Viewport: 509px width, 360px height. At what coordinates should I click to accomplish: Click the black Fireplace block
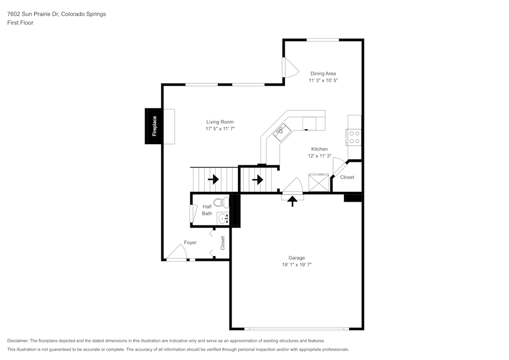coord(154,126)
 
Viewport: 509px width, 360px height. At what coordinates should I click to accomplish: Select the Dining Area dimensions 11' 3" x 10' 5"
coord(323,80)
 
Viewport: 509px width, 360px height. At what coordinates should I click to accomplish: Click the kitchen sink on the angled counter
coord(280,133)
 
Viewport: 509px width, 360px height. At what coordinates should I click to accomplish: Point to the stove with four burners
coord(354,137)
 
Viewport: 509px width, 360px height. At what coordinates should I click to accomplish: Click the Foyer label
coord(190,242)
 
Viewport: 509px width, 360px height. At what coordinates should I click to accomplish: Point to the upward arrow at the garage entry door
coord(293,200)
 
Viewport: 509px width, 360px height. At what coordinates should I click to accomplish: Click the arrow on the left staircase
coord(213,179)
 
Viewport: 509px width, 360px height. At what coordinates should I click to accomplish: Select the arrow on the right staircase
coord(258,179)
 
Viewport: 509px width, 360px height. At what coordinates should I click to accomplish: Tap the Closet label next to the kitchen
coord(347,177)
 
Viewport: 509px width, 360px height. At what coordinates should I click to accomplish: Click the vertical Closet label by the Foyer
coord(223,243)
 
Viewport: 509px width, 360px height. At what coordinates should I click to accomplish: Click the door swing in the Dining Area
coord(291,68)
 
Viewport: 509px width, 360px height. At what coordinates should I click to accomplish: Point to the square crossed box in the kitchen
coord(319,183)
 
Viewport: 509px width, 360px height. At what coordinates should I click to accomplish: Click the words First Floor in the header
coord(20,23)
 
